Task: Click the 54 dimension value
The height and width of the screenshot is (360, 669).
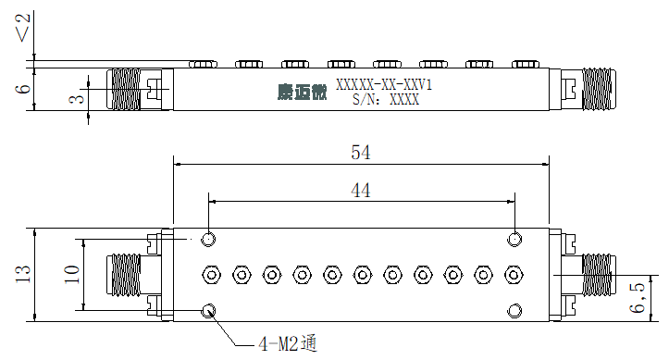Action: [361, 153]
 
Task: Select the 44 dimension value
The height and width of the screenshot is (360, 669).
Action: [361, 191]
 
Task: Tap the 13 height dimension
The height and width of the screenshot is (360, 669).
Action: [23, 274]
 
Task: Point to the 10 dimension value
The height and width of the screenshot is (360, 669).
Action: [71, 274]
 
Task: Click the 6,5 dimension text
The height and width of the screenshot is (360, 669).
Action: [637, 297]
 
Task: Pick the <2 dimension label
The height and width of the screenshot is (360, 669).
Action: [23, 28]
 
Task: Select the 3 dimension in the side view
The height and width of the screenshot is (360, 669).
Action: [77, 99]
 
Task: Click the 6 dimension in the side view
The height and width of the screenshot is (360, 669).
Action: [23, 89]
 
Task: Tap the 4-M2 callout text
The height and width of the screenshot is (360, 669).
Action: [288, 343]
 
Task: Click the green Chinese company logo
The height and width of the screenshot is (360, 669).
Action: [302, 92]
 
